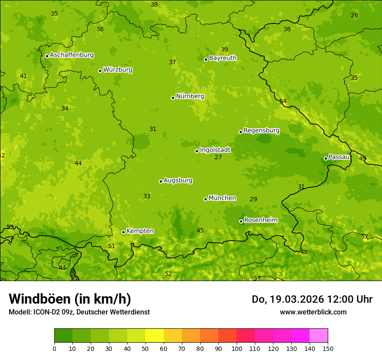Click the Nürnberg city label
coord(190,96)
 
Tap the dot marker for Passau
coord(326,158)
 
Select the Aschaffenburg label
coord(72,55)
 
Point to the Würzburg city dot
coord(100,71)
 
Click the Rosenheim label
coord(260,220)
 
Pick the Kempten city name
coord(140,231)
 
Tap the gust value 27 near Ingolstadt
coord(218,157)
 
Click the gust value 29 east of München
coord(253,200)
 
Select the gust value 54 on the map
coord(283,101)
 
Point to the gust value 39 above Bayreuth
coord(224,50)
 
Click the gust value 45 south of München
coord(200,231)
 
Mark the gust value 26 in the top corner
coord(355,16)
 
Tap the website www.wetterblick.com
coord(313,312)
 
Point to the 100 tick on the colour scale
coord(237,349)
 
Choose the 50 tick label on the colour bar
coord(145,349)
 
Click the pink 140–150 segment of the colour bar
coord(319,336)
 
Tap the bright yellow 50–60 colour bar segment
coord(155,336)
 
